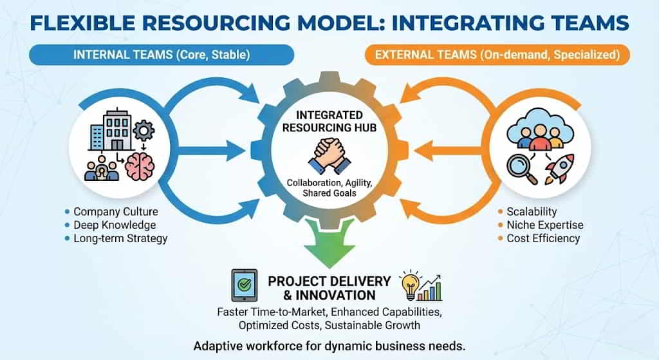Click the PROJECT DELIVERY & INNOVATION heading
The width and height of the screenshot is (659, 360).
point(329,288)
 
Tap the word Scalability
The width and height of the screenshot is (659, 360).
point(532,211)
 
